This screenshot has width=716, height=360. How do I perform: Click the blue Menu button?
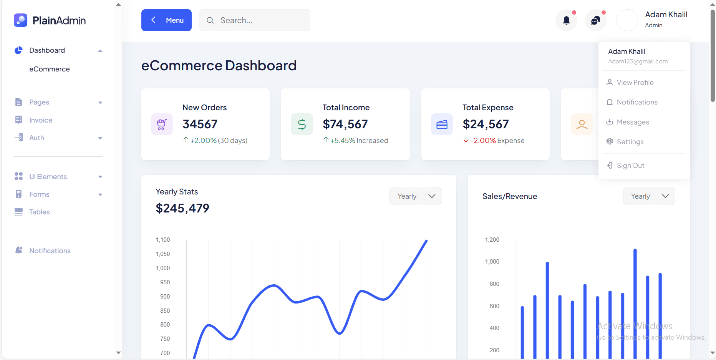tap(166, 20)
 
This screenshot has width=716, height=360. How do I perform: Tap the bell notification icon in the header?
tap(566, 20)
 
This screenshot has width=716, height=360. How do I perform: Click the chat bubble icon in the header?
tap(595, 20)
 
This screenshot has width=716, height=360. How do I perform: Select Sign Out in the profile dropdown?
tap(630, 166)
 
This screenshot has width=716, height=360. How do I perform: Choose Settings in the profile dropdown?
tap(630, 142)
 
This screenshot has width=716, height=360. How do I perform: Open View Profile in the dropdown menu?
tap(635, 83)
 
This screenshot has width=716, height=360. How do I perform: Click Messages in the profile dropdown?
tap(633, 122)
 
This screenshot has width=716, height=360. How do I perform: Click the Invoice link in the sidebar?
tap(41, 120)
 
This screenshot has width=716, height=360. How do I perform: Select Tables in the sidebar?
tap(39, 212)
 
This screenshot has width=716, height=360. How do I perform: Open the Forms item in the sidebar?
tap(39, 194)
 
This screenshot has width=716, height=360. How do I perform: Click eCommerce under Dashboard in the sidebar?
tap(50, 69)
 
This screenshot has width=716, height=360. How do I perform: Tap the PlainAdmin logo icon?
tap(20, 20)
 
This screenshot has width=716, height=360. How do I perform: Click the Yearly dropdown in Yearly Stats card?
tap(416, 196)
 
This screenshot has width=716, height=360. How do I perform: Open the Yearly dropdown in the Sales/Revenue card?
tap(649, 196)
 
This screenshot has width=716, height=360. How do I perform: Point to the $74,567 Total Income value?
tap(345, 124)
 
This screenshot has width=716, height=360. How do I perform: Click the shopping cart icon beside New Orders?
tap(162, 124)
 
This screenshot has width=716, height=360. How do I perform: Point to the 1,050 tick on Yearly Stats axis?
tap(163, 254)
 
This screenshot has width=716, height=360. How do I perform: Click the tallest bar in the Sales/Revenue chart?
tap(635, 304)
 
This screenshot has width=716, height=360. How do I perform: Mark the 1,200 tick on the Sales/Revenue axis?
tap(492, 240)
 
